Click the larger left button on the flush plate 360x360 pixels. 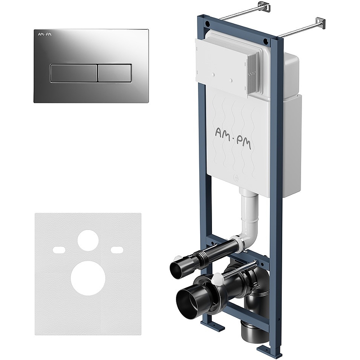click(x=74, y=73)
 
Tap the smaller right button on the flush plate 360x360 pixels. click(x=115, y=73)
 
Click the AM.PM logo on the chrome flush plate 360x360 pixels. click(x=45, y=35)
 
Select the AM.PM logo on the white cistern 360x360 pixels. click(x=233, y=139)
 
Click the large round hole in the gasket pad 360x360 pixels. click(x=88, y=278)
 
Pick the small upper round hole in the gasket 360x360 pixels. click(x=88, y=240)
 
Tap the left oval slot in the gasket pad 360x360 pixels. click(x=59, y=250)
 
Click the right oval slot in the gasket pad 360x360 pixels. click(x=117, y=250)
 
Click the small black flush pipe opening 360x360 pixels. click(x=177, y=268)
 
